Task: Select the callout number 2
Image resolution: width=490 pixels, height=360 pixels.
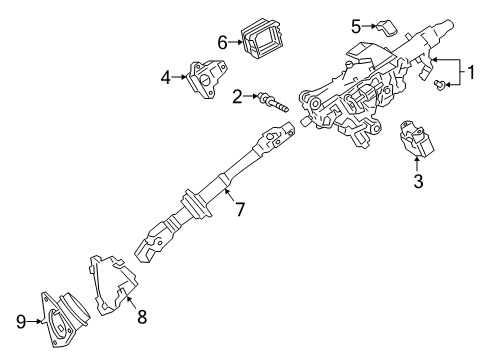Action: tap(237, 97)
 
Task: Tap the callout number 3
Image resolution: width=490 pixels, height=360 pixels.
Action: tap(419, 181)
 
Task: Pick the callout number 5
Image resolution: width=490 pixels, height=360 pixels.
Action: tap(355, 24)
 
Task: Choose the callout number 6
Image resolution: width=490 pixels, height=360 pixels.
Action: tap(222, 41)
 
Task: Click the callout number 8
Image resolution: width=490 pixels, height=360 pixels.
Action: tap(142, 317)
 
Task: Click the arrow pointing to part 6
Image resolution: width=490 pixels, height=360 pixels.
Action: tap(236, 41)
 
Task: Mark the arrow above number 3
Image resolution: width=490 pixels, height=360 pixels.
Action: tap(419, 163)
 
